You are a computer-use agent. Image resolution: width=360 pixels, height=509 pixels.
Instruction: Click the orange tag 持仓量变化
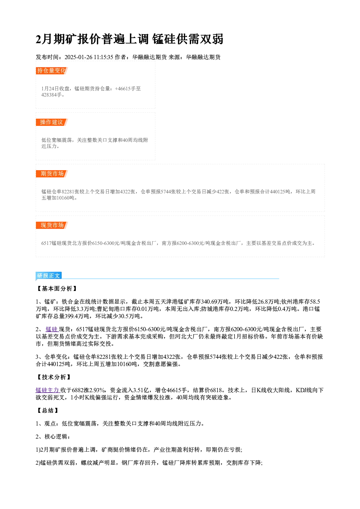click(x=52, y=71)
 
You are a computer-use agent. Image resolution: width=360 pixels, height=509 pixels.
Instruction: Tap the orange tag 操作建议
click(x=52, y=122)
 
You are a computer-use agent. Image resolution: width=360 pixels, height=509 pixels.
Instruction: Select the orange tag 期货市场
click(x=52, y=174)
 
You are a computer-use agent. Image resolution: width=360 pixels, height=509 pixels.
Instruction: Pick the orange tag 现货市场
click(x=52, y=225)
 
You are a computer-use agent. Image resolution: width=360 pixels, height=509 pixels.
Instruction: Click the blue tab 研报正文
click(x=49, y=276)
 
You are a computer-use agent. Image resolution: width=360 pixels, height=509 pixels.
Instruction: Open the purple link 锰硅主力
click(x=48, y=390)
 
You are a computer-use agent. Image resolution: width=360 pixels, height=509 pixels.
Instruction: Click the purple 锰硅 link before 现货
click(x=52, y=329)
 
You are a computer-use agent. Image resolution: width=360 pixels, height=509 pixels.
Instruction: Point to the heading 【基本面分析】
click(x=57, y=288)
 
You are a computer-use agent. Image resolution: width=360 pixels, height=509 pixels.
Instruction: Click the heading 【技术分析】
click(x=54, y=377)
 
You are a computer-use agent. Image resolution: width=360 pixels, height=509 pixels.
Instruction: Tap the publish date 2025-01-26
click(x=78, y=57)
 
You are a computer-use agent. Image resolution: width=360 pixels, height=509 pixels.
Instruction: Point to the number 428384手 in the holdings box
click(x=52, y=95)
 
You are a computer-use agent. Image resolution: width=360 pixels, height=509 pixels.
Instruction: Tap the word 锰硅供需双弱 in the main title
click(x=188, y=39)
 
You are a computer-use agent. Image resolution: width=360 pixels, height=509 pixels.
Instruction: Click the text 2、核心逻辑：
click(x=53, y=436)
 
